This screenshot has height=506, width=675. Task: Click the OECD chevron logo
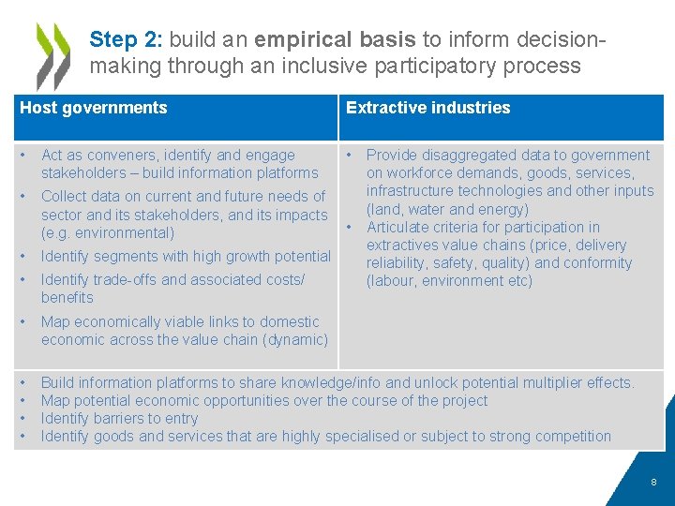52,55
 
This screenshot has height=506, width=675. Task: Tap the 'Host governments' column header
94,108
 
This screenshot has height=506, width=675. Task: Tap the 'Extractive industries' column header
427,108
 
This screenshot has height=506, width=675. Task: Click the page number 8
653,482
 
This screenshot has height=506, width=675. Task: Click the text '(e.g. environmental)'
108,232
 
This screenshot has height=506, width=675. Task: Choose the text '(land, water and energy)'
447,209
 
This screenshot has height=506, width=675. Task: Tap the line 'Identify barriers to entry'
120,418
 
